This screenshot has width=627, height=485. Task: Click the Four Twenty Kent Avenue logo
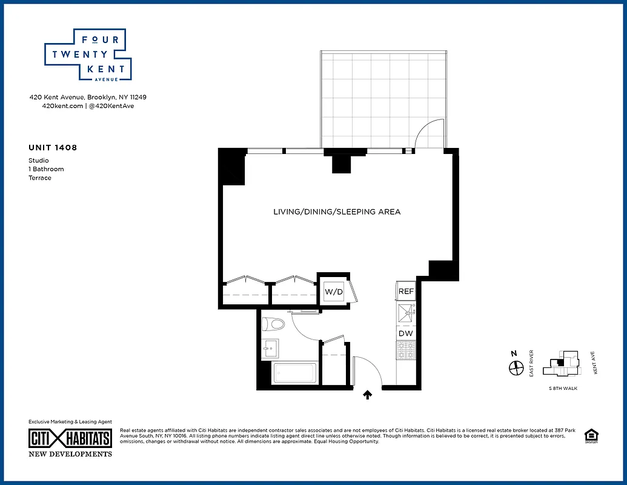coord(88,55)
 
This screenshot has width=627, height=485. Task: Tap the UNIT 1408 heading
coord(53,147)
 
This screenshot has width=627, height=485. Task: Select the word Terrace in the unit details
coord(40,178)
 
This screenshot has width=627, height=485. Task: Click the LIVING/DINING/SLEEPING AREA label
coord(337,212)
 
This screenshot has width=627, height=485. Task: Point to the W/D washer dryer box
coord(334,292)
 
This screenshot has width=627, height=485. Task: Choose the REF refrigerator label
coord(406,292)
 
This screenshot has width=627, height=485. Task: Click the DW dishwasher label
coord(405,333)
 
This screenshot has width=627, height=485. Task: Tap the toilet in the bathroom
coord(274,324)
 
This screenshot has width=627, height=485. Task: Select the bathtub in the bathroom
coord(296,373)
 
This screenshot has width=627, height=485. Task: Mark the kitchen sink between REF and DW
coord(405,313)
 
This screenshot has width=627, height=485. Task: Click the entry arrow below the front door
coord(367,395)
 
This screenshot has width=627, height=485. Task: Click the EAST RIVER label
coord(531,363)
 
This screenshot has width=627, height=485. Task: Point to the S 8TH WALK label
coord(563,388)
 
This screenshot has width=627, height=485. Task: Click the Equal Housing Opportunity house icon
coord(589,435)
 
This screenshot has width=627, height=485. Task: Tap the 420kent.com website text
coord(62,105)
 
